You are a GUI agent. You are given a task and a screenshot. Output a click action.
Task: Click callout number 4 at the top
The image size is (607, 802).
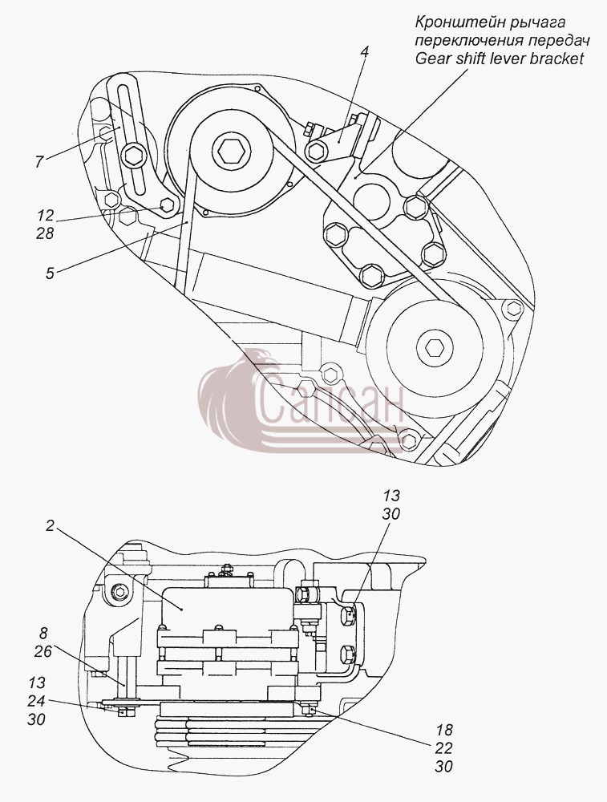364,53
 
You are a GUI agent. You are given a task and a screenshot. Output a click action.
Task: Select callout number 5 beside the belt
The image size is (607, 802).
50,273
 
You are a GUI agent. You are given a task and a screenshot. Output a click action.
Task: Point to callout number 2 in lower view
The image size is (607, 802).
50,526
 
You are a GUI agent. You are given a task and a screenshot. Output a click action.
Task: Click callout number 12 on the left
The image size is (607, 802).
45,215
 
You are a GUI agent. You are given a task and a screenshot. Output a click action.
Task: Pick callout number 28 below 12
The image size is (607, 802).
45,233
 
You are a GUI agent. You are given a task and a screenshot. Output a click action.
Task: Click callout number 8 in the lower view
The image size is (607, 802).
43,634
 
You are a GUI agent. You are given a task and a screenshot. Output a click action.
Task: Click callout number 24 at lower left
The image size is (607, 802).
35,701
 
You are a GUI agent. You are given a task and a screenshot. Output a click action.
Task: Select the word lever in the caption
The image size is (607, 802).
506,59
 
